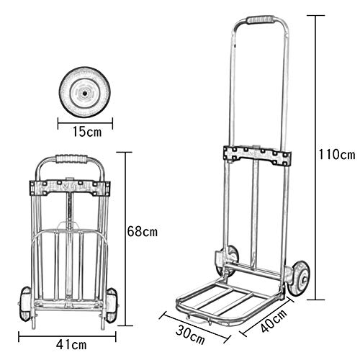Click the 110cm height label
[x=337, y=155]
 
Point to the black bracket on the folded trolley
[x=69, y=189]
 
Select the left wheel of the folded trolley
[x=27, y=303]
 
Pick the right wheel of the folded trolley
[x=111, y=304]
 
